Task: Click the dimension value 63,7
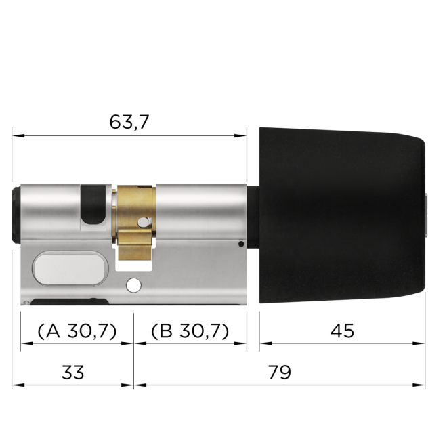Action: tap(129, 122)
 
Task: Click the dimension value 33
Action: tap(72, 372)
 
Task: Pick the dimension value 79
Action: tap(279, 372)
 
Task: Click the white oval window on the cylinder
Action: tap(67, 269)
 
